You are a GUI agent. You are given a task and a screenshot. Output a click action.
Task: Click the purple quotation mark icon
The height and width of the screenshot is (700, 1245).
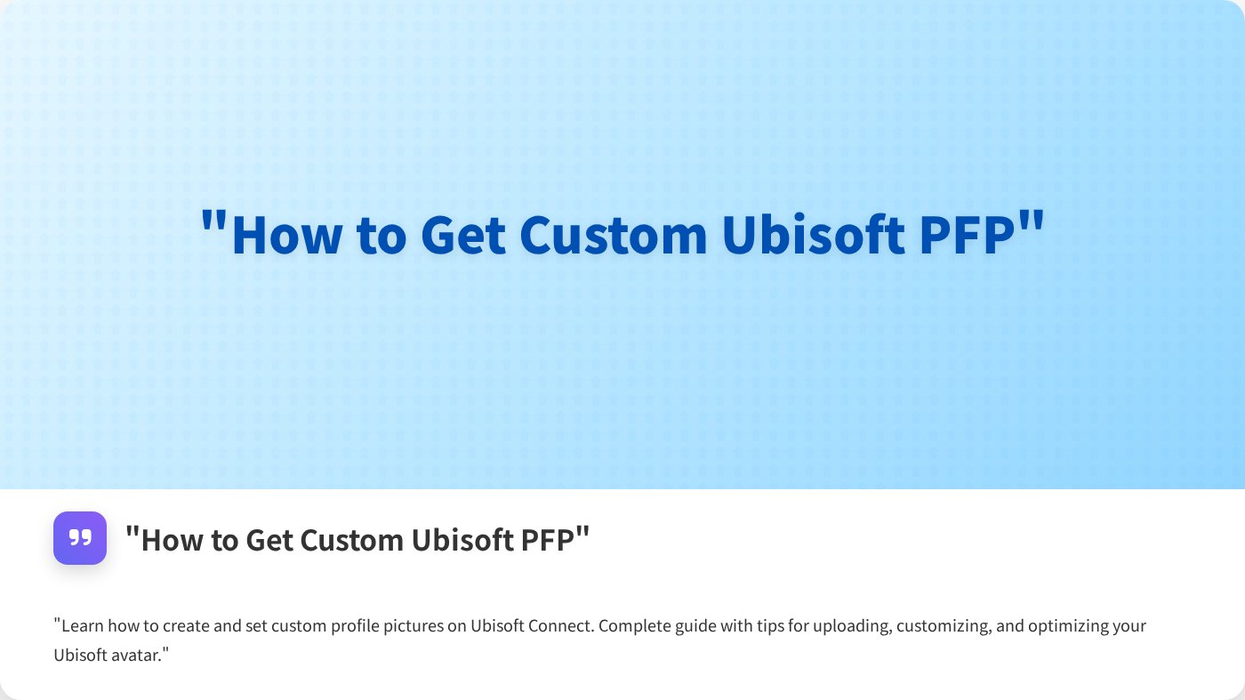tap(80, 538)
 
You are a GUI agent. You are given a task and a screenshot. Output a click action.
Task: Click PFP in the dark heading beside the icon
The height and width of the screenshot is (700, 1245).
tap(548, 540)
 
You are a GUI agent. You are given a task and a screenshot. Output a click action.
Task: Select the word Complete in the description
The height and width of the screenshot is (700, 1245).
tap(632, 625)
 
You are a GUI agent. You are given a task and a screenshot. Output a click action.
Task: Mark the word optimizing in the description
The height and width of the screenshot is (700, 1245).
tap(1068, 625)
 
